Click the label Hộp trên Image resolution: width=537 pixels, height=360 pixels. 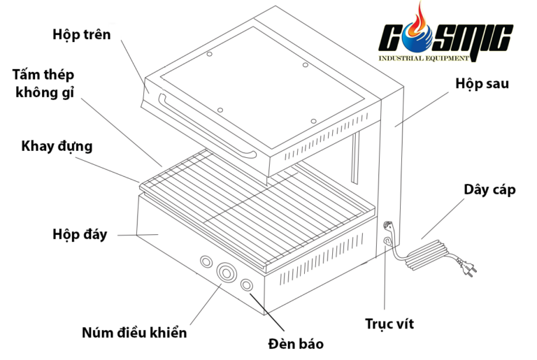pyautogui.click(x=82, y=34)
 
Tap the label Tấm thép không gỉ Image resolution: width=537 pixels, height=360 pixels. pyautogui.click(x=43, y=84)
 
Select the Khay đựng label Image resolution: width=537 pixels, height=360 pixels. pyautogui.click(x=57, y=146)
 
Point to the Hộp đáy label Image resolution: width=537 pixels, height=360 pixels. pyautogui.click(x=80, y=234)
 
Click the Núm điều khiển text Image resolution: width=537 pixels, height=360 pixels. pyautogui.click(x=134, y=333)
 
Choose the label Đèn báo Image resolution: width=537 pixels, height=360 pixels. pyautogui.click(x=296, y=344)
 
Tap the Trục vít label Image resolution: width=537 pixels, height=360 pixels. pyautogui.click(x=389, y=324)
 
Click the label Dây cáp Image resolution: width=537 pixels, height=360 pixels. pyautogui.click(x=489, y=189)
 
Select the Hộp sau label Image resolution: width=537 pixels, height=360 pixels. pyautogui.click(x=482, y=84)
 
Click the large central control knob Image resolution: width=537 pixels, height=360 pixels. pyautogui.click(x=226, y=273)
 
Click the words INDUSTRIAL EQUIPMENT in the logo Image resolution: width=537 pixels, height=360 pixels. pyautogui.click(x=423, y=58)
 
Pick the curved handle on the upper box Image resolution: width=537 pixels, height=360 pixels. pyautogui.click(x=206, y=127)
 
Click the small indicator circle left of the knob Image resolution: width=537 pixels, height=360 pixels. pyautogui.click(x=206, y=261)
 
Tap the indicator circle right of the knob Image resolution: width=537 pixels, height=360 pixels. pyautogui.click(x=247, y=285)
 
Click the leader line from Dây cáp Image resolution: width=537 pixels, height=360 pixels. pyautogui.click(x=443, y=219)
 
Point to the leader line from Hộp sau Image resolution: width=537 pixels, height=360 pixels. pyautogui.click(x=422, y=109)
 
